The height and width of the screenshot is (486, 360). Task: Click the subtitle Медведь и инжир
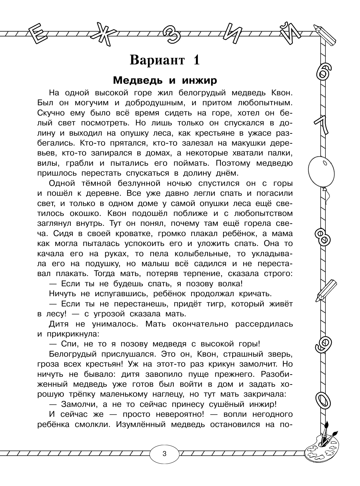(165, 81)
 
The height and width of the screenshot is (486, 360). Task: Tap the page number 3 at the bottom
(164, 453)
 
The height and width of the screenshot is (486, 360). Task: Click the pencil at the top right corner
(325, 34)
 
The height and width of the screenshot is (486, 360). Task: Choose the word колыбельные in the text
(160, 253)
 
